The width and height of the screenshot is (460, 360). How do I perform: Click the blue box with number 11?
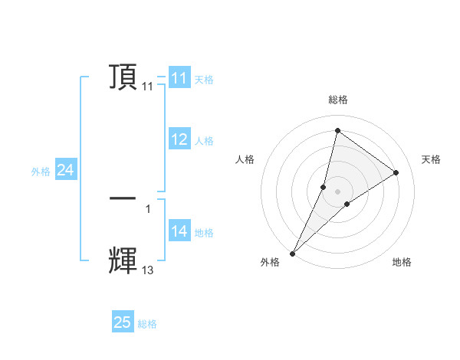(179, 78)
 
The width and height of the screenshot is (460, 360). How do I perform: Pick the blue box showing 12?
(179, 139)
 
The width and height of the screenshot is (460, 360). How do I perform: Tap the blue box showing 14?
(179, 231)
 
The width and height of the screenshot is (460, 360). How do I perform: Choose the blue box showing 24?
(66, 171)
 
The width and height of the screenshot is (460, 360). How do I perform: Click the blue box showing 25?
(123, 322)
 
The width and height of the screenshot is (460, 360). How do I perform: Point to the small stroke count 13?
(147, 270)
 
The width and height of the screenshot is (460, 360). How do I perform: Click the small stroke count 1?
(147, 208)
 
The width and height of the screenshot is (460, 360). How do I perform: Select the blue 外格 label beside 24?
(41, 172)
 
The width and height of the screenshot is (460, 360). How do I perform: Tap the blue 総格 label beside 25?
(147, 324)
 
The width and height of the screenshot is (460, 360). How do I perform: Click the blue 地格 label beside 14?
(204, 233)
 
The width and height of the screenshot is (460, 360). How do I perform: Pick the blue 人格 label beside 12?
(204, 141)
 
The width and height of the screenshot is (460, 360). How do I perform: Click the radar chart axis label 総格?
(337, 100)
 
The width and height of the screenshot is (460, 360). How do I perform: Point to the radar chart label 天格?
(431, 159)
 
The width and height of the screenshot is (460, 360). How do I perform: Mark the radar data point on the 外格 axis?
(292, 253)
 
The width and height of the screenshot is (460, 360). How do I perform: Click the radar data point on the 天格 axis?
(396, 172)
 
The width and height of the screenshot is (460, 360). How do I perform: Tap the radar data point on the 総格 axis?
(337, 130)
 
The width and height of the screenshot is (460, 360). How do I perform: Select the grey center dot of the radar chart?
(337, 191)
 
